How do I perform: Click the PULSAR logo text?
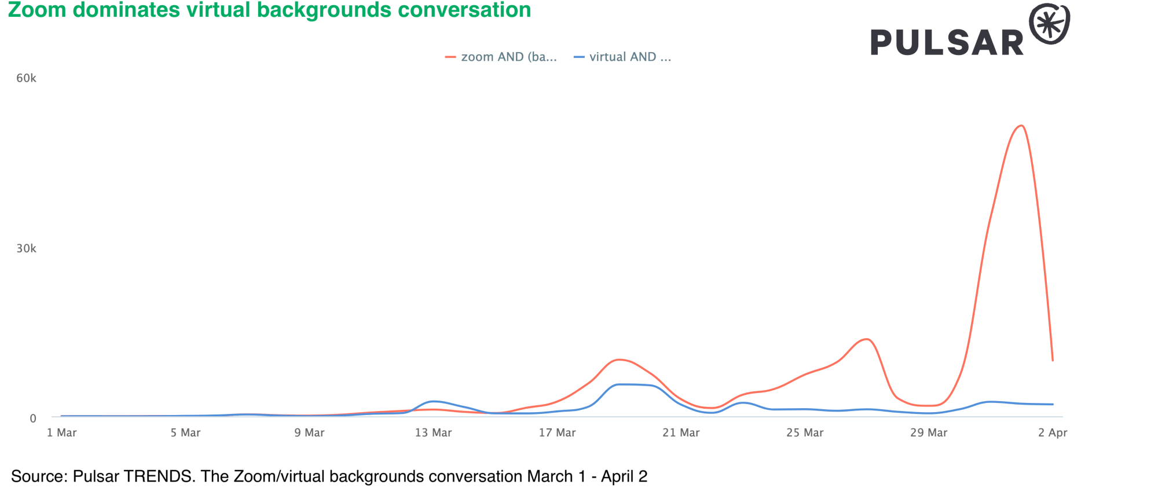pos(947,43)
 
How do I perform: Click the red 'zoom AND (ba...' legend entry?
pos(501,57)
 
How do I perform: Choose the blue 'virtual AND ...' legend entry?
pos(623,57)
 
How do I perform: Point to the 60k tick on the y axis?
pos(26,78)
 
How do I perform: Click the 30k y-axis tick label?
pos(26,248)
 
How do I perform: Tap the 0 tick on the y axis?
pos(32,418)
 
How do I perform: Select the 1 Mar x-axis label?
pos(61,432)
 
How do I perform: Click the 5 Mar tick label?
pos(185,432)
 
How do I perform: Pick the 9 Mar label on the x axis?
pos(309,432)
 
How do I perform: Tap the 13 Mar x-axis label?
pos(433,432)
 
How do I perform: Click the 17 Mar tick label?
pos(557,432)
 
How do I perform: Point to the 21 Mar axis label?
pos(681,432)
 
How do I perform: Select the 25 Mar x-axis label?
pos(805,432)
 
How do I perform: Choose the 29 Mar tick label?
pos(929,432)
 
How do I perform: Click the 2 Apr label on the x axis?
pos(1052,432)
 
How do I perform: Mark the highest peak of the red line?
pos(1021,126)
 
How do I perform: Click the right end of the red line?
pos(1053,361)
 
